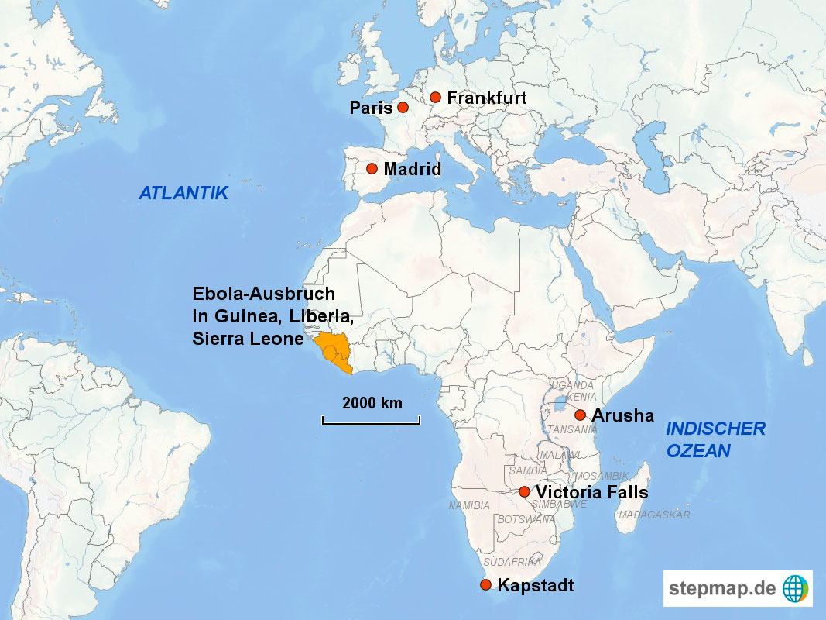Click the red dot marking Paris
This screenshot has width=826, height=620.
403,108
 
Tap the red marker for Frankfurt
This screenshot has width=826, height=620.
436,98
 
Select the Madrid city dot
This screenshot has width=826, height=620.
372,169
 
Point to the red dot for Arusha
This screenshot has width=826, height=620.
580,415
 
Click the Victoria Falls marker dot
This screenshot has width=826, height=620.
524,492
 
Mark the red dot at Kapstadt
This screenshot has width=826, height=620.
485,585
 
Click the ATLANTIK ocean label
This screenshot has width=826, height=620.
183,194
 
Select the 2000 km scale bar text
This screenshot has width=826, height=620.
372,403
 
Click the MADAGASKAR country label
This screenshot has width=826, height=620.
654,515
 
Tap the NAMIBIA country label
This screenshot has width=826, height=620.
469,505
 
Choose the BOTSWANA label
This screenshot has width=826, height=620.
526,519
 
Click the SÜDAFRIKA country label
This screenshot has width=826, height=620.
512,562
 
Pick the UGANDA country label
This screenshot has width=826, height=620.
573,385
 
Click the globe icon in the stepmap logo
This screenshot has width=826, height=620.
795,588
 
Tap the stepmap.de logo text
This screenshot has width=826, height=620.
722,588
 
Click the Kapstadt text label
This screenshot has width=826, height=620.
536,586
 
